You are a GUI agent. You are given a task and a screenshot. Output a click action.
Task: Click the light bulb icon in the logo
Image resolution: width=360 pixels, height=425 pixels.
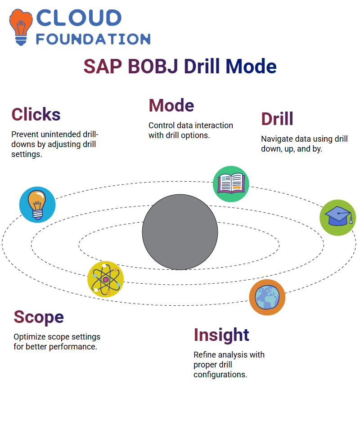point(21,27)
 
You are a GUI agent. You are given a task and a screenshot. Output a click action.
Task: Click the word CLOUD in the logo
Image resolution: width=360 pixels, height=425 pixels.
point(79,18)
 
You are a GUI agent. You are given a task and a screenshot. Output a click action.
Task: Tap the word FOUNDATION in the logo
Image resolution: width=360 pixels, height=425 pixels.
point(93,39)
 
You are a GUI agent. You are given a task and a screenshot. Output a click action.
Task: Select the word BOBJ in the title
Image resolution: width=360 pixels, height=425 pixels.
point(153,67)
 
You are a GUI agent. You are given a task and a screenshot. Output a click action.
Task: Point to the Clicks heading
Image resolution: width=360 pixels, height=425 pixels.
point(36,114)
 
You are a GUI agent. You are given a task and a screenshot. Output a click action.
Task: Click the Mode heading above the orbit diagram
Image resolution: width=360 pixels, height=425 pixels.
point(171,105)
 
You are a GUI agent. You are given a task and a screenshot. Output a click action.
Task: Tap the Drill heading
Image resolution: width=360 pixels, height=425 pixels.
point(277,119)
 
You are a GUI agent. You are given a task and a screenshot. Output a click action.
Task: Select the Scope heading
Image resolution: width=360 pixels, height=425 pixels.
point(39,318)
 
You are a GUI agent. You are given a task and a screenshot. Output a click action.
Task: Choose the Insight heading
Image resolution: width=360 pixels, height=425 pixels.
point(221,336)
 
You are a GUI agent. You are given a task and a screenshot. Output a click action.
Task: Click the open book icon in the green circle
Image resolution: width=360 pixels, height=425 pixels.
point(231,184)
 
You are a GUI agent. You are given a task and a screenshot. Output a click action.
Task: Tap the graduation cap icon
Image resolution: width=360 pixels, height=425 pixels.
point(338,218)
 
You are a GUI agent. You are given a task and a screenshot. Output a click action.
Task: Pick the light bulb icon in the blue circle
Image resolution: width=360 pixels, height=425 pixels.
point(37,205)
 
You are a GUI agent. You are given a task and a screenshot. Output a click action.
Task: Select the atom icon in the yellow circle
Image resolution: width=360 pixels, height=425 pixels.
point(106,279)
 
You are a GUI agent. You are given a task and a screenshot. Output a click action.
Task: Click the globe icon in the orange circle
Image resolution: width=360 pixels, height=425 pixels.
point(267,297)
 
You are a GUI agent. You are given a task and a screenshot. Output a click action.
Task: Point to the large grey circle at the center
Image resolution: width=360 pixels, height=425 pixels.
point(180,232)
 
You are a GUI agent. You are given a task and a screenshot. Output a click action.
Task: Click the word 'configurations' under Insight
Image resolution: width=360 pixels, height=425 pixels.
point(220,375)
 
